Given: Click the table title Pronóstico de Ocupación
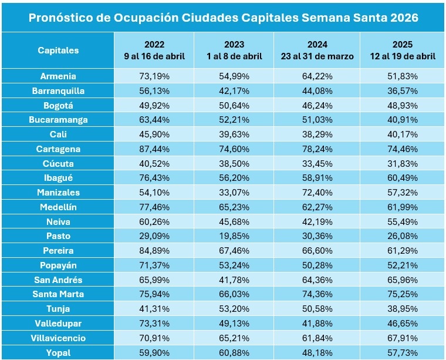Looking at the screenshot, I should [x=223, y=17].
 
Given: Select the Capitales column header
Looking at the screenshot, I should [x=58, y=51].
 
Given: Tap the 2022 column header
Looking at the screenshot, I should [x=154, y=51].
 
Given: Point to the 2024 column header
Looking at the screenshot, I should [x=317, y=51].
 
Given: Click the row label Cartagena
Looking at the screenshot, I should [x=58, y=149].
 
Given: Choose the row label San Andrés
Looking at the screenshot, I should [x=58, y=280].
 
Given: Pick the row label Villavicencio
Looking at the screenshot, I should [x=58, y=338].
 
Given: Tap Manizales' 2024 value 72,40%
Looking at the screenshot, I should [x=317, y=193].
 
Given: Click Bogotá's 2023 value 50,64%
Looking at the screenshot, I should [x=235, y=106].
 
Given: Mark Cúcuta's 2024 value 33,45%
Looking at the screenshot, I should [x=317, y=164].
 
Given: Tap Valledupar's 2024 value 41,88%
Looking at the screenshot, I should [x=317, y=324].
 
